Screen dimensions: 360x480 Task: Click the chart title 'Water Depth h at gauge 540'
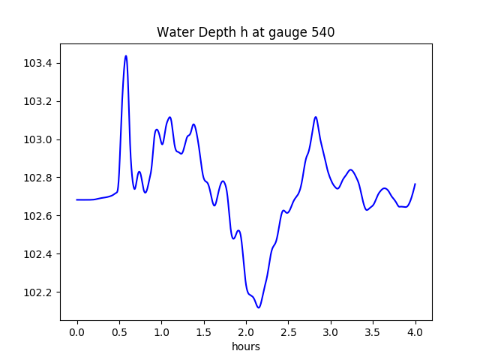click(245, 32)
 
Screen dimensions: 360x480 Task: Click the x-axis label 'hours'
click(245, 346)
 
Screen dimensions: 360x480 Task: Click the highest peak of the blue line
click(126, 55)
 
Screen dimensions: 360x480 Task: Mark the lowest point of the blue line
click(259, 307)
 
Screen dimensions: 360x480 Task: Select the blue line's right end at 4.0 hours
click(415, 184)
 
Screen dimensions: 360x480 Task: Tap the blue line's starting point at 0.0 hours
click(77, 199)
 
